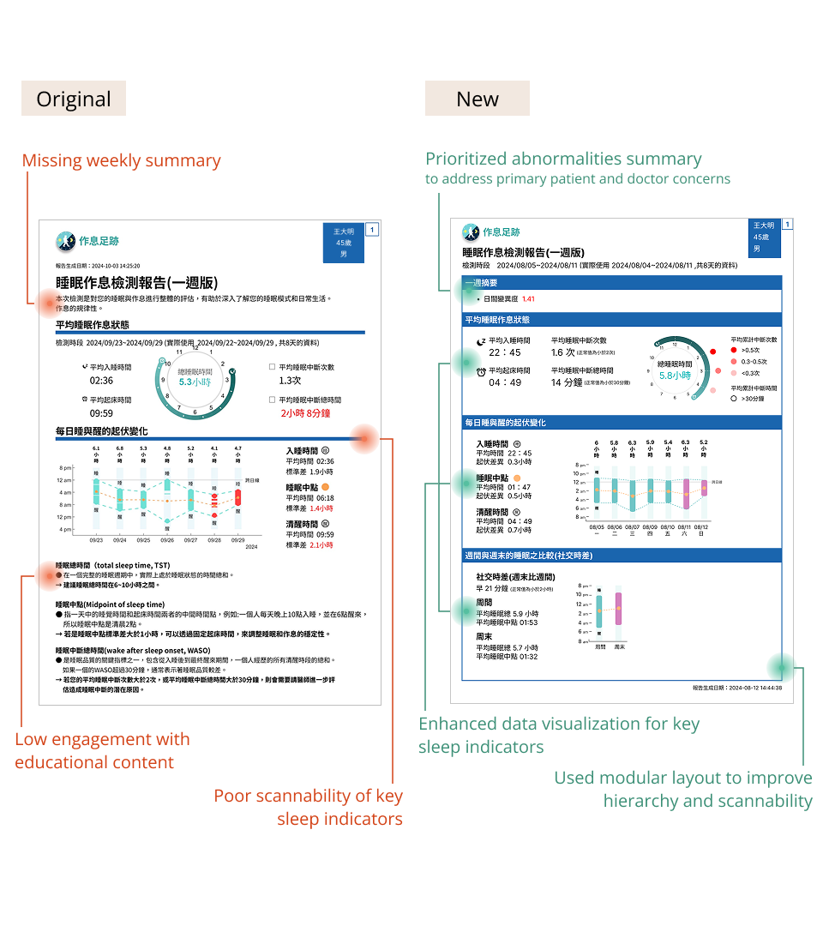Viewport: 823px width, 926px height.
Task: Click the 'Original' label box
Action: click(x=74, y=99)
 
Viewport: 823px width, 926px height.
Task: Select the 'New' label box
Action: click(x=478, y=99)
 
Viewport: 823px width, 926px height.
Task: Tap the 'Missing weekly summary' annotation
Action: click(x=121, y=160)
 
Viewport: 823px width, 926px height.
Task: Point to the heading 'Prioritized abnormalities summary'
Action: click(x=563, y=159)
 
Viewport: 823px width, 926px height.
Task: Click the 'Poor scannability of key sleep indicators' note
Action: click(x=308, y=807)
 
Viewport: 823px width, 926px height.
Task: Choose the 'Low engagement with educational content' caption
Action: click(x=102, y=750)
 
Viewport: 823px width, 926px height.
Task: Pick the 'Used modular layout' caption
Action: click(x=682, y=789)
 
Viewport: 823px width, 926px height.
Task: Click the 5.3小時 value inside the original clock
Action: click(x=196, y=382)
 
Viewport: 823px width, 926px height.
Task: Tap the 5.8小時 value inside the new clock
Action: click(x=676, y=376)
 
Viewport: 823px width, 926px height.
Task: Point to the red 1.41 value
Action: click(x=528, y=299)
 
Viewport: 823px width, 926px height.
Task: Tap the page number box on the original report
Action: click(x=372, y=229)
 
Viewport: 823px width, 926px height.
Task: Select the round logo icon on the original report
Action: click(x=65, y=241)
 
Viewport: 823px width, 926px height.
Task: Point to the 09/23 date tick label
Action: click(x=96, y=540)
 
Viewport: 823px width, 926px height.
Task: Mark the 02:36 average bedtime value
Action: click(x=101, y=380)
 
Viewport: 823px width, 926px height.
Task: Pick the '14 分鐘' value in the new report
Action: click(x=566, y=382)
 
